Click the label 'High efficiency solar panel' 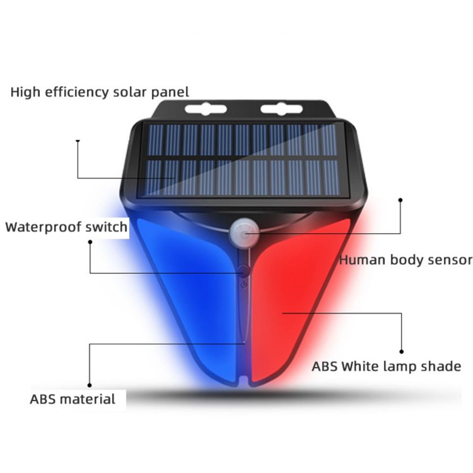click(100, 92)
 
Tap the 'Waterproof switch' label click(66, 227)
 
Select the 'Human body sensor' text click(405, 260)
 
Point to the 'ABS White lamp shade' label click(386, 367)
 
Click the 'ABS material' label click(72, 399)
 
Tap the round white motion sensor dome click(244, 232)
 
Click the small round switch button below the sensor click(244, 270)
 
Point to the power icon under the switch click(244, 284)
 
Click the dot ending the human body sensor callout click(400, 200)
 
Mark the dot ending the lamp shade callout click(402, 352)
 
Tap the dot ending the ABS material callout click(89, 385)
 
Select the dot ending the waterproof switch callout click(90, 241)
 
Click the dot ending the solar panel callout click(77, 141)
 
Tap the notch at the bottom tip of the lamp click(244, 381)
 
